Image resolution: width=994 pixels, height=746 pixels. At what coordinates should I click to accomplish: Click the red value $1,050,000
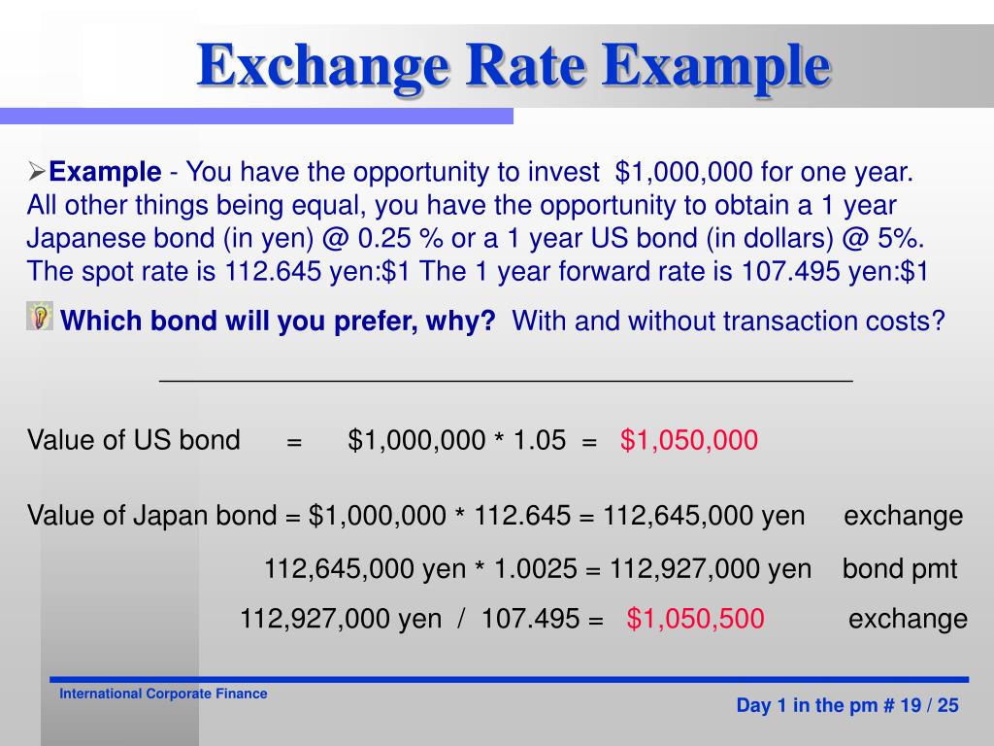tap(689, 441)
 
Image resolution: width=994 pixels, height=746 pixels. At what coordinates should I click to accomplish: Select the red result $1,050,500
tap(695, 619)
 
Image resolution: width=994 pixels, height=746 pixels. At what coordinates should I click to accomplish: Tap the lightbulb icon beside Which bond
tap(40, 317)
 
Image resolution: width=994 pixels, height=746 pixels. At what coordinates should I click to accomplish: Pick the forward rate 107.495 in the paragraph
tap(790, 271)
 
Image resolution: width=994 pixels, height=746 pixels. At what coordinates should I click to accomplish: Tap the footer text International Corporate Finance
tap(163, 695)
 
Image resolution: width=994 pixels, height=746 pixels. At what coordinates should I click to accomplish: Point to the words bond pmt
tap(900, 569)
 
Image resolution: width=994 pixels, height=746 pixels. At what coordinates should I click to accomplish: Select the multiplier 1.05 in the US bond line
tap(539, 441)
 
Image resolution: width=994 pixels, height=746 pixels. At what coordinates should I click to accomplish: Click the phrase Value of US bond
tap(134, 441)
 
